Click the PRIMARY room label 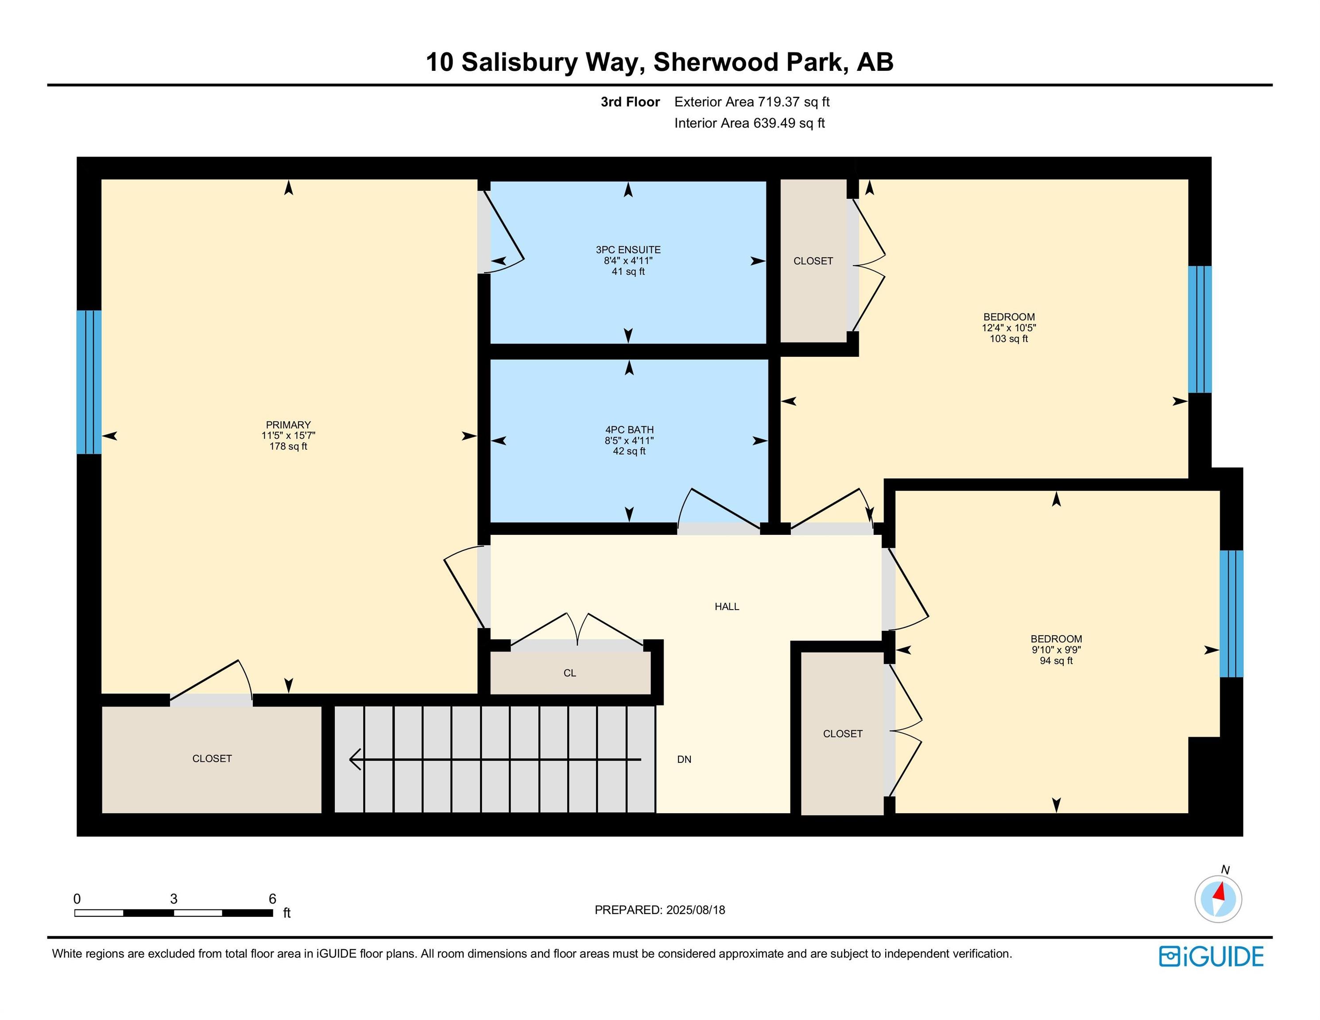[x=288, y=425]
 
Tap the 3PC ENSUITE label [x=628, y=250]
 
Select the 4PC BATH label [x=629, y=429]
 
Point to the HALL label [x=727, y=607]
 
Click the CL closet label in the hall [x=569, y=673]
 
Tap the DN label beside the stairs [x=684, y=760]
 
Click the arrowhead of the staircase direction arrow [x=356, y=759]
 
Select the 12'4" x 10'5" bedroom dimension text [x=1009, y=328]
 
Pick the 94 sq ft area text [x=1056, y=661]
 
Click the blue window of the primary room [x=89, y=382]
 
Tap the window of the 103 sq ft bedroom [x=1200, y=329]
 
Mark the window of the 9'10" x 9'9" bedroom [x=1231, y=613]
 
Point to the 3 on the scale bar [x=174, y=899]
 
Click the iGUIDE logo [x=1211, y=957]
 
